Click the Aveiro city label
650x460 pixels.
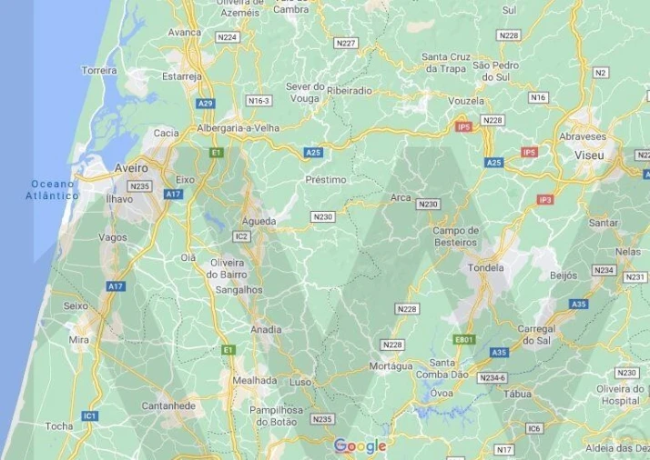pos(131,168)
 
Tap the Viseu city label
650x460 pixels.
pos(589,156)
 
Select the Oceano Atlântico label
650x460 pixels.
pos(53,189)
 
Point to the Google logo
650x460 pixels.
pos(360,445)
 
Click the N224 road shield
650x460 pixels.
pos(228,37)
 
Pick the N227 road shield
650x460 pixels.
pos(346,43)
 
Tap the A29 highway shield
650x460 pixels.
pos(206,104)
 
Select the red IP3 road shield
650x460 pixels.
pos(545,199)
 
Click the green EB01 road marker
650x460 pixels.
pos(464,339)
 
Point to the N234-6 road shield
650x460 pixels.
pos(492,377)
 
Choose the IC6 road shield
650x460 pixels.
pos(533,428)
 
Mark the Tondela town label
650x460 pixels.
pos(485,268)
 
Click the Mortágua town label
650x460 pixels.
pos(391,365)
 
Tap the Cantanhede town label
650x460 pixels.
pos(168,405)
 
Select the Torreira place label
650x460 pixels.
pos(99,70)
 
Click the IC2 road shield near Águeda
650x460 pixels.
pos(241,236)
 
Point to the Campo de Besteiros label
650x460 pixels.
pos(454,236)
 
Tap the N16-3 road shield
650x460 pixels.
pos(259,101)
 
